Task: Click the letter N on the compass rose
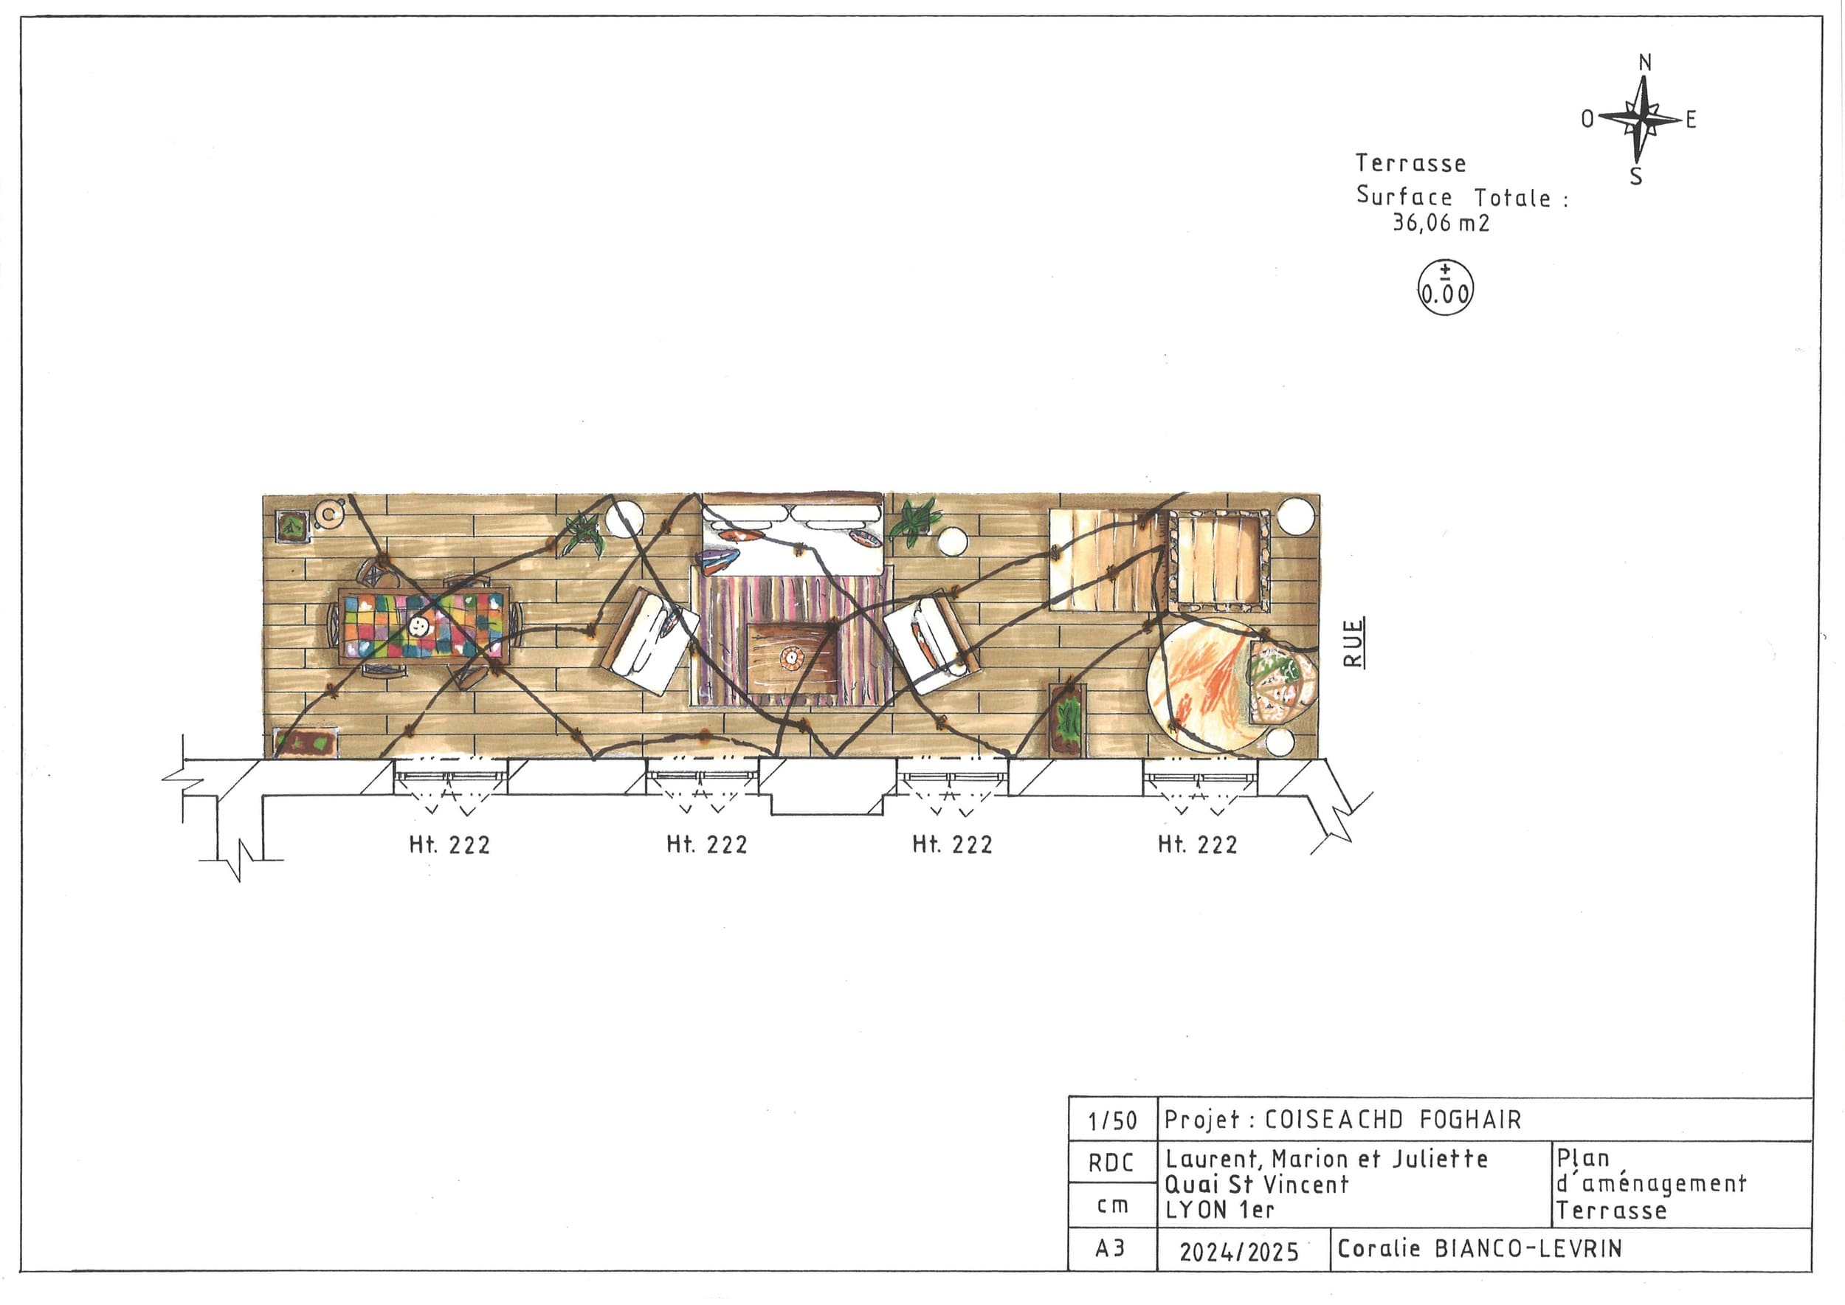tap(1645, 63)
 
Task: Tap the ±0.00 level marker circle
tap(1445, 288)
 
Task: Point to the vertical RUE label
tap(1353, 643)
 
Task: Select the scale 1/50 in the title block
tap(1112, 1121)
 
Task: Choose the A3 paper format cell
tap(1110, 1249)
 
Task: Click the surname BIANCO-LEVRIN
tap(1528, 1248)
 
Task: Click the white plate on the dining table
tap(417, 626)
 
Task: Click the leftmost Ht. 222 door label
tap(449, 844)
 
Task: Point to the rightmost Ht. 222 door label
tap(1197, 844)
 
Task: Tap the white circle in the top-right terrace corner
tap(1295, 516)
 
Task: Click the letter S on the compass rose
tap(1636, 176)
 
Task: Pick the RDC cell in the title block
tap(1111, 1163)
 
